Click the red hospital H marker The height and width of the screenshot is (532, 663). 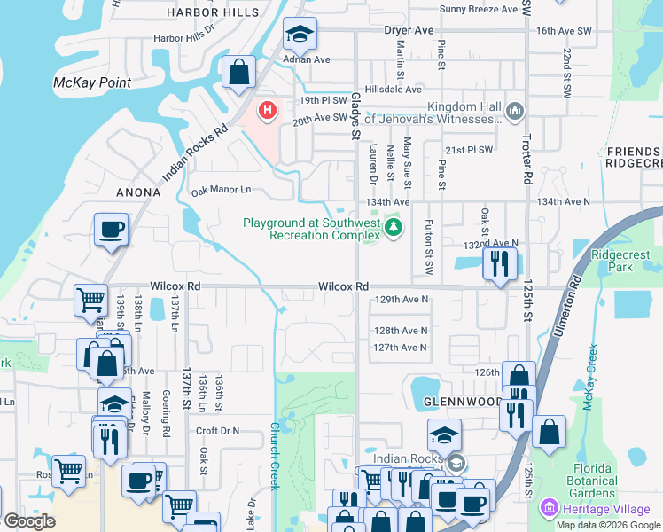point(267,111)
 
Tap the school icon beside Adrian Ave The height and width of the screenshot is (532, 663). point(300,35)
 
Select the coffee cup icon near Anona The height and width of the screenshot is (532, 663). point(112,231)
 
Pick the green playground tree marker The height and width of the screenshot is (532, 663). point(394,229)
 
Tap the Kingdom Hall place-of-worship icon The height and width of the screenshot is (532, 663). point(515,111)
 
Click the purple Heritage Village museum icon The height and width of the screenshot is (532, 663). point(550,508)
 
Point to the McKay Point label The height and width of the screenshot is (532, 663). point(92,83)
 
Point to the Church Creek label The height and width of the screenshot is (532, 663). point(275,455)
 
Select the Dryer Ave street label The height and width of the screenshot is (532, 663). point(409,30)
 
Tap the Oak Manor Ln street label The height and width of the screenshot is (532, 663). point(222,190)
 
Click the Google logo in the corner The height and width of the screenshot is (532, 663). point(29,521)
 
